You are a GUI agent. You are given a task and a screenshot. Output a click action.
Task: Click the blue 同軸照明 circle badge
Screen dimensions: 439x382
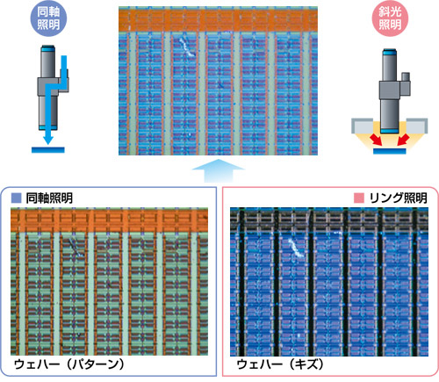[x=48, y=18]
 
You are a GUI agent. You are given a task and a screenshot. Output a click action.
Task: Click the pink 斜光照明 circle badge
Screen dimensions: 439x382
[x=390, y=18]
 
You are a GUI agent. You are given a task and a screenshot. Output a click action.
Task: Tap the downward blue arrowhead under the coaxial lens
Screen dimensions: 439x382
[x=48, y=139]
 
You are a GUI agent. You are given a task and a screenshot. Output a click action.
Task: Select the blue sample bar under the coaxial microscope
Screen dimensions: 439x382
[x=48, y=149]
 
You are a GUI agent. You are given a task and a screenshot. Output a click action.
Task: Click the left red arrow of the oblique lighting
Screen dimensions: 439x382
[x=376, y=140]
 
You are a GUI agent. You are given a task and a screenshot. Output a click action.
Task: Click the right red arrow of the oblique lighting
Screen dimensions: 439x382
[x=403, y=140]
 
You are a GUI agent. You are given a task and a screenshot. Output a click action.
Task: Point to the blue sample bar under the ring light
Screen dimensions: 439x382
[x=390, y=151]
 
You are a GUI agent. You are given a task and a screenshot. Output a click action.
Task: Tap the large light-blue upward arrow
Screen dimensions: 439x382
[x=218, y=171]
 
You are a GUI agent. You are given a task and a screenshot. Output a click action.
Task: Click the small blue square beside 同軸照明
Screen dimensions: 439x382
[x=16, y=198]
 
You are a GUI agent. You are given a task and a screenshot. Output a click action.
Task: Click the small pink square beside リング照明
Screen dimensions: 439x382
[x=359, y=198]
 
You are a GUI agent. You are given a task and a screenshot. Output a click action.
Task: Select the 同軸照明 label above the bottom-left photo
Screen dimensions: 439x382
[x=49, y=198]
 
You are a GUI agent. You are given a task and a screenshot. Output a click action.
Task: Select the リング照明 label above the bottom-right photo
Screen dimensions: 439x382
[x=398, y=198]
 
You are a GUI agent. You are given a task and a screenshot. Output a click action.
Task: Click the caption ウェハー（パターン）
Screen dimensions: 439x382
[x=69, y=364]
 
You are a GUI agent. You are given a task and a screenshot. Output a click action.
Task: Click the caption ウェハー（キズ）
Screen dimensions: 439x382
[x=281, y=364]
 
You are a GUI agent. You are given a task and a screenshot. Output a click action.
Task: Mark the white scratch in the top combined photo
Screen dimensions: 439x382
[x=186, y=47]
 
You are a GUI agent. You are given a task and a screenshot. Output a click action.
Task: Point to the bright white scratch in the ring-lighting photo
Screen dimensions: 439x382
[x=296, y=248]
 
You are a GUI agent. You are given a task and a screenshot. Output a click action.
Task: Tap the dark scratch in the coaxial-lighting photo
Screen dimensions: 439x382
[x=76, y=247]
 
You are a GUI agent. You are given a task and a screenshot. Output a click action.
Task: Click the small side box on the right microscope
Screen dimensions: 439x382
[x=406, y=77]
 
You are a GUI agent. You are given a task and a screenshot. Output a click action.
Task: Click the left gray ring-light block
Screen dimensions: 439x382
[x=362, y=126]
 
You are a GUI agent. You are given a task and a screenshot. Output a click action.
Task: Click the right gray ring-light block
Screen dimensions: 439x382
[x=417, y=126]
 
